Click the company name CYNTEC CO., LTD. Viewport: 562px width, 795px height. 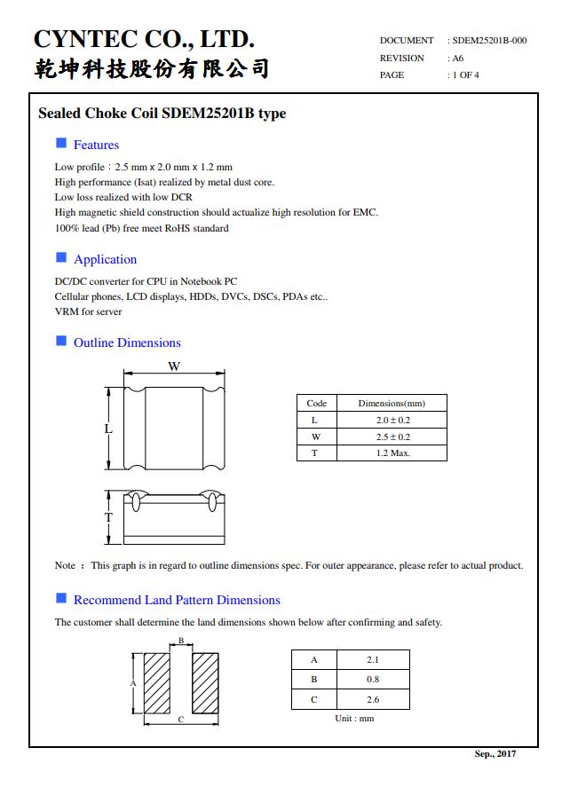pyautogui.click(x=144, y=39)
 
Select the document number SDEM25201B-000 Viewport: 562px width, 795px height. pyautogui.click(x=489, y=41)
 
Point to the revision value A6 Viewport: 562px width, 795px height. pyautogui.click(x=458, y=59)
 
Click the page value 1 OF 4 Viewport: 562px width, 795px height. pyautogui.click(x=465, y=75)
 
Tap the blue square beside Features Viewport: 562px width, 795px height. pyautogui.click(x=61, y=144)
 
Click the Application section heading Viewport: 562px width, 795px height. pyautogui.click(x=105, y=259)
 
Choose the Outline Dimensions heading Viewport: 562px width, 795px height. pyautogui.click(x=127, y=342)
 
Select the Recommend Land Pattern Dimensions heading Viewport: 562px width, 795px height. pyautogui.click(x=177, y=600)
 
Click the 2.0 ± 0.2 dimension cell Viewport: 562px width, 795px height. pyautogui.click(x=392, y=420)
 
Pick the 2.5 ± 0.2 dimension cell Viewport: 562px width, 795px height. pyautogui.click(x=392, y=437)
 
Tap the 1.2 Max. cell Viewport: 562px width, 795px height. pyautogui.click(x=392, y=453)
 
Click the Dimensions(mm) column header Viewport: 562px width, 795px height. pyautogui.click(x=392, y=403)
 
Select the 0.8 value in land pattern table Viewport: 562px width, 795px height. pyautogui.click(x=372, y=680)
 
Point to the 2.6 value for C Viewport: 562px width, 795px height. pyautogui.click(x=372, y=699)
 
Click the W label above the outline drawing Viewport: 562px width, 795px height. pyautogui.click(x=174, y=366)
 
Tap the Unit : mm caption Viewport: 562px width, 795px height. pyautogui.click(x=354, y=718)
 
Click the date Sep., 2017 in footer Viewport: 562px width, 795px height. pyautogui.click(x=495, y=754)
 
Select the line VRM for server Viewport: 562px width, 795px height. pyautogui.click(x=89, y=311)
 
